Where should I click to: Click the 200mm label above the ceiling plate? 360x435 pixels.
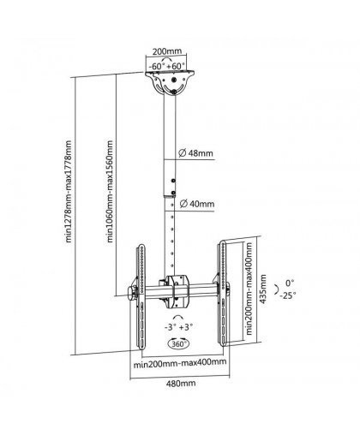click(x=167, y=51)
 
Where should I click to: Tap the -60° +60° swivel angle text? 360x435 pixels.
click(x=167, y=66)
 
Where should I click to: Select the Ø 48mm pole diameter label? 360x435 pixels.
click(x=196, y=153)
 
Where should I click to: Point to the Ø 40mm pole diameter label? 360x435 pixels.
click(x=197, y=204)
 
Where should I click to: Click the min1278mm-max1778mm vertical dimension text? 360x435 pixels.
click(x=69, y=191)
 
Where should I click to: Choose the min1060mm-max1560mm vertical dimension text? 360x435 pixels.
click(x=110, y=191)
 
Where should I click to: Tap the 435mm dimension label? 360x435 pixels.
click(x=263, y=289)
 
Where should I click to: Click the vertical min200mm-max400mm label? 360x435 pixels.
click(x=249, y=289)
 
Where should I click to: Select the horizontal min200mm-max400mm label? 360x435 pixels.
click(x=180, y=362)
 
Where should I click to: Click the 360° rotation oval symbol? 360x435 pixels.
click(x=179, y=343)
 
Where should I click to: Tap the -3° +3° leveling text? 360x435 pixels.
click(x=179, y=327)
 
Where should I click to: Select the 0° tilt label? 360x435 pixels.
click(x=290, y=283)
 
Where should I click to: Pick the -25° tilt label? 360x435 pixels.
click(x=288, y=295)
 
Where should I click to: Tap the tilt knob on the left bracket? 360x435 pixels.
click(x=133, y=293)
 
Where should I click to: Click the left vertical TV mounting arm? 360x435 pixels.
click(x=141, y=296)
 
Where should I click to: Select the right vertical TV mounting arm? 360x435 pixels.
click(x=223, y=294)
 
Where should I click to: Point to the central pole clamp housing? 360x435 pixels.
click(x=177, y=291)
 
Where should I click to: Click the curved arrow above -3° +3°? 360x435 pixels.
click(x=178, y=317)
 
